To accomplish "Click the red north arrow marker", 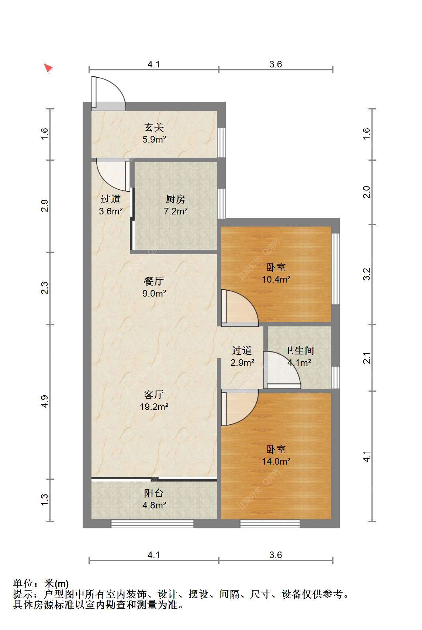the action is (x=48, y=67).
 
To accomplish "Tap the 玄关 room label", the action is (x=154, y=127).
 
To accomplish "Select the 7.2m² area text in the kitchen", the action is (x=176, y=211).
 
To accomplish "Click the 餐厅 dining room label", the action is (x=154, y=281).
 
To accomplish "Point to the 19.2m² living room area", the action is (x=154, y=407).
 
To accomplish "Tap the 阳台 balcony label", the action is (x=154, y=493).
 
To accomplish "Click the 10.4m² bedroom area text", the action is (x=276, y=279).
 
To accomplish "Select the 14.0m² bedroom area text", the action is (x=276, y=461).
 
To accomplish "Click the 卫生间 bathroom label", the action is (x=299, y=350).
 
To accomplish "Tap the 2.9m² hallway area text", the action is (x=242, y=363).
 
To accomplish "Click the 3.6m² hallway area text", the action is (x=111, y=211).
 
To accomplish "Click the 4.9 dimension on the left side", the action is (x=45, y=401).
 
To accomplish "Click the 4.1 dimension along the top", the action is (x=154, y=64).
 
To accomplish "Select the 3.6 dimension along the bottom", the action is (x=276, y=555).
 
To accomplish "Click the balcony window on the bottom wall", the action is (x=152, y=524).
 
